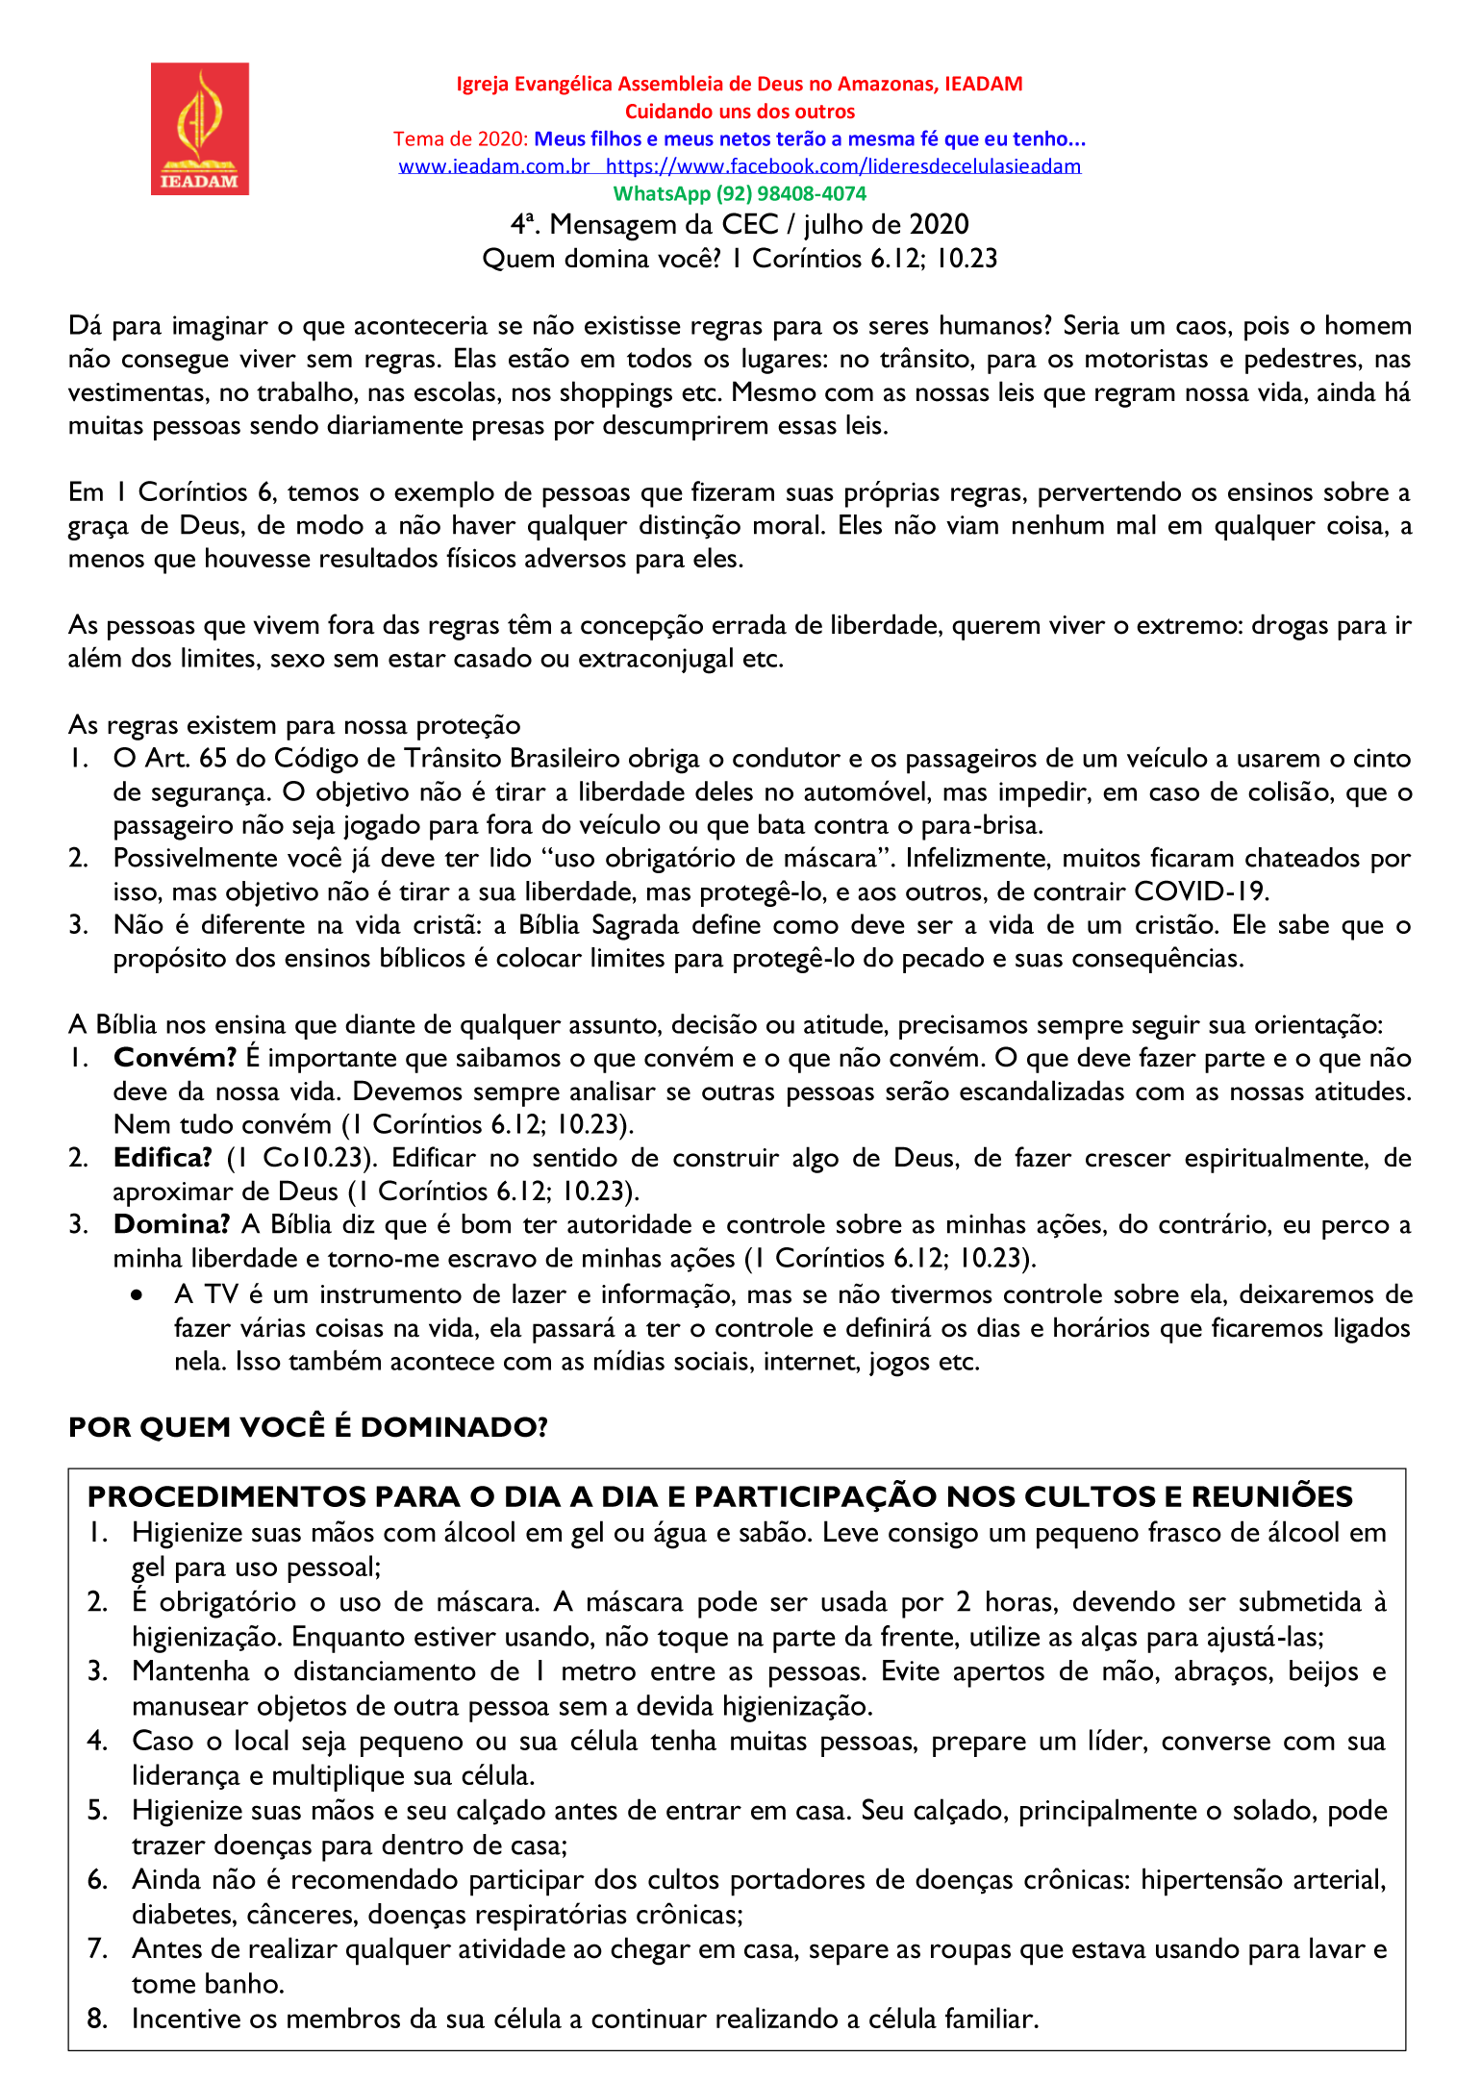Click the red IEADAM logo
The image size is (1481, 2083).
point(199,129)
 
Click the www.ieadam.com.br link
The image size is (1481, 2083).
point(493,166)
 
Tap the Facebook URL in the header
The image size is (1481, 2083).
point(843,166)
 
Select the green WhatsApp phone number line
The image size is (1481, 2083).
point(740,193)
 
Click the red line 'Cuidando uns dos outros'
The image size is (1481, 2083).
point(740,112)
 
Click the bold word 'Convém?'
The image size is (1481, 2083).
point(174,1058)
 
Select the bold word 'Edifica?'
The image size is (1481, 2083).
point(163,1158)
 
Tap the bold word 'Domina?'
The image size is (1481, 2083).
point(171,1224)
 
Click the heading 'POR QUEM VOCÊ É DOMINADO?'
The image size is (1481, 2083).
point(308,1427)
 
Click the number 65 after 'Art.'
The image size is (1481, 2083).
point(213,759)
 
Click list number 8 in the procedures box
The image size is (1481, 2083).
point(97,2019)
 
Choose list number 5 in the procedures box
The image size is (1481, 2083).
point(97,1810)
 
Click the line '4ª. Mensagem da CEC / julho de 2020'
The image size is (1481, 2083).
point(740,225)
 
